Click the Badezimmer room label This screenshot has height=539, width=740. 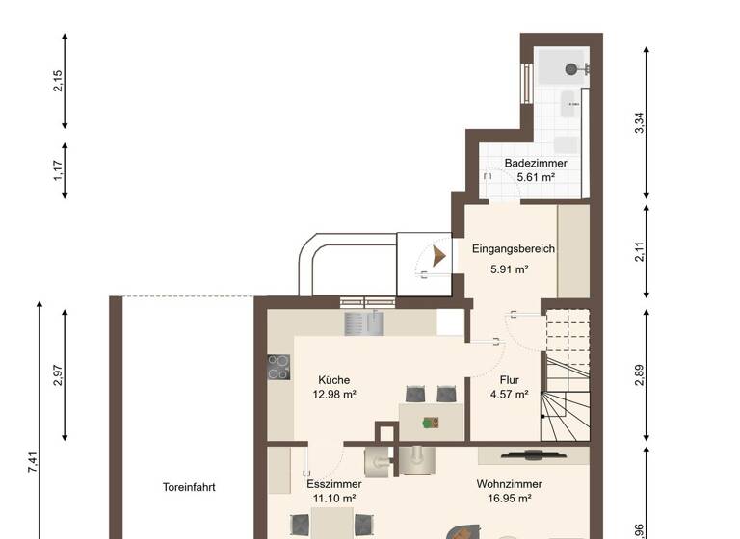click(536, 164)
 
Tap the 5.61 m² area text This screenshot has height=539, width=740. click(536, 177)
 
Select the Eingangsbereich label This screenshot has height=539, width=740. click(514, 249)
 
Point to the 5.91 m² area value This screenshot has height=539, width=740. click(510, 269)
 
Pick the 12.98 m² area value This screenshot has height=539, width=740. click(334, 395)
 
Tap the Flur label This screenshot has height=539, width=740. click(510, 380)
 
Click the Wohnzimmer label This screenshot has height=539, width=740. click(509, 484)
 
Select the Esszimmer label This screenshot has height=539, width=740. click(334, 484)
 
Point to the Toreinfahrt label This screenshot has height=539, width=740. click(189, 488)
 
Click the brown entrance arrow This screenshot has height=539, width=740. click(439, 256)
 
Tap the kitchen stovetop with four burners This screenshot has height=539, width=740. click(278, 367)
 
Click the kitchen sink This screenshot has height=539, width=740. click(365, 323)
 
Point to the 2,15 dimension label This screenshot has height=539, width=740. click(58, 82)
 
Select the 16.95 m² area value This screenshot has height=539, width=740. click(509, 499)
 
